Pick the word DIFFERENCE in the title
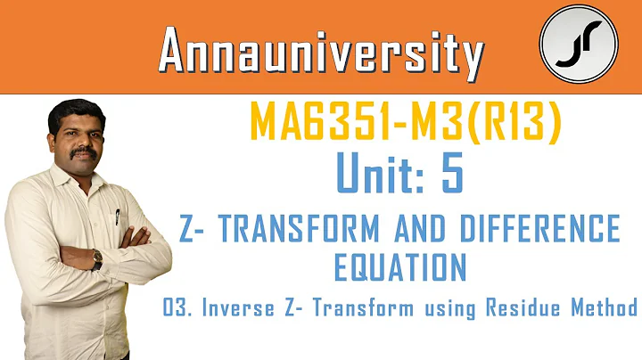coord(550,229)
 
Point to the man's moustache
coord(86,151)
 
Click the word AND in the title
coord(449,229)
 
